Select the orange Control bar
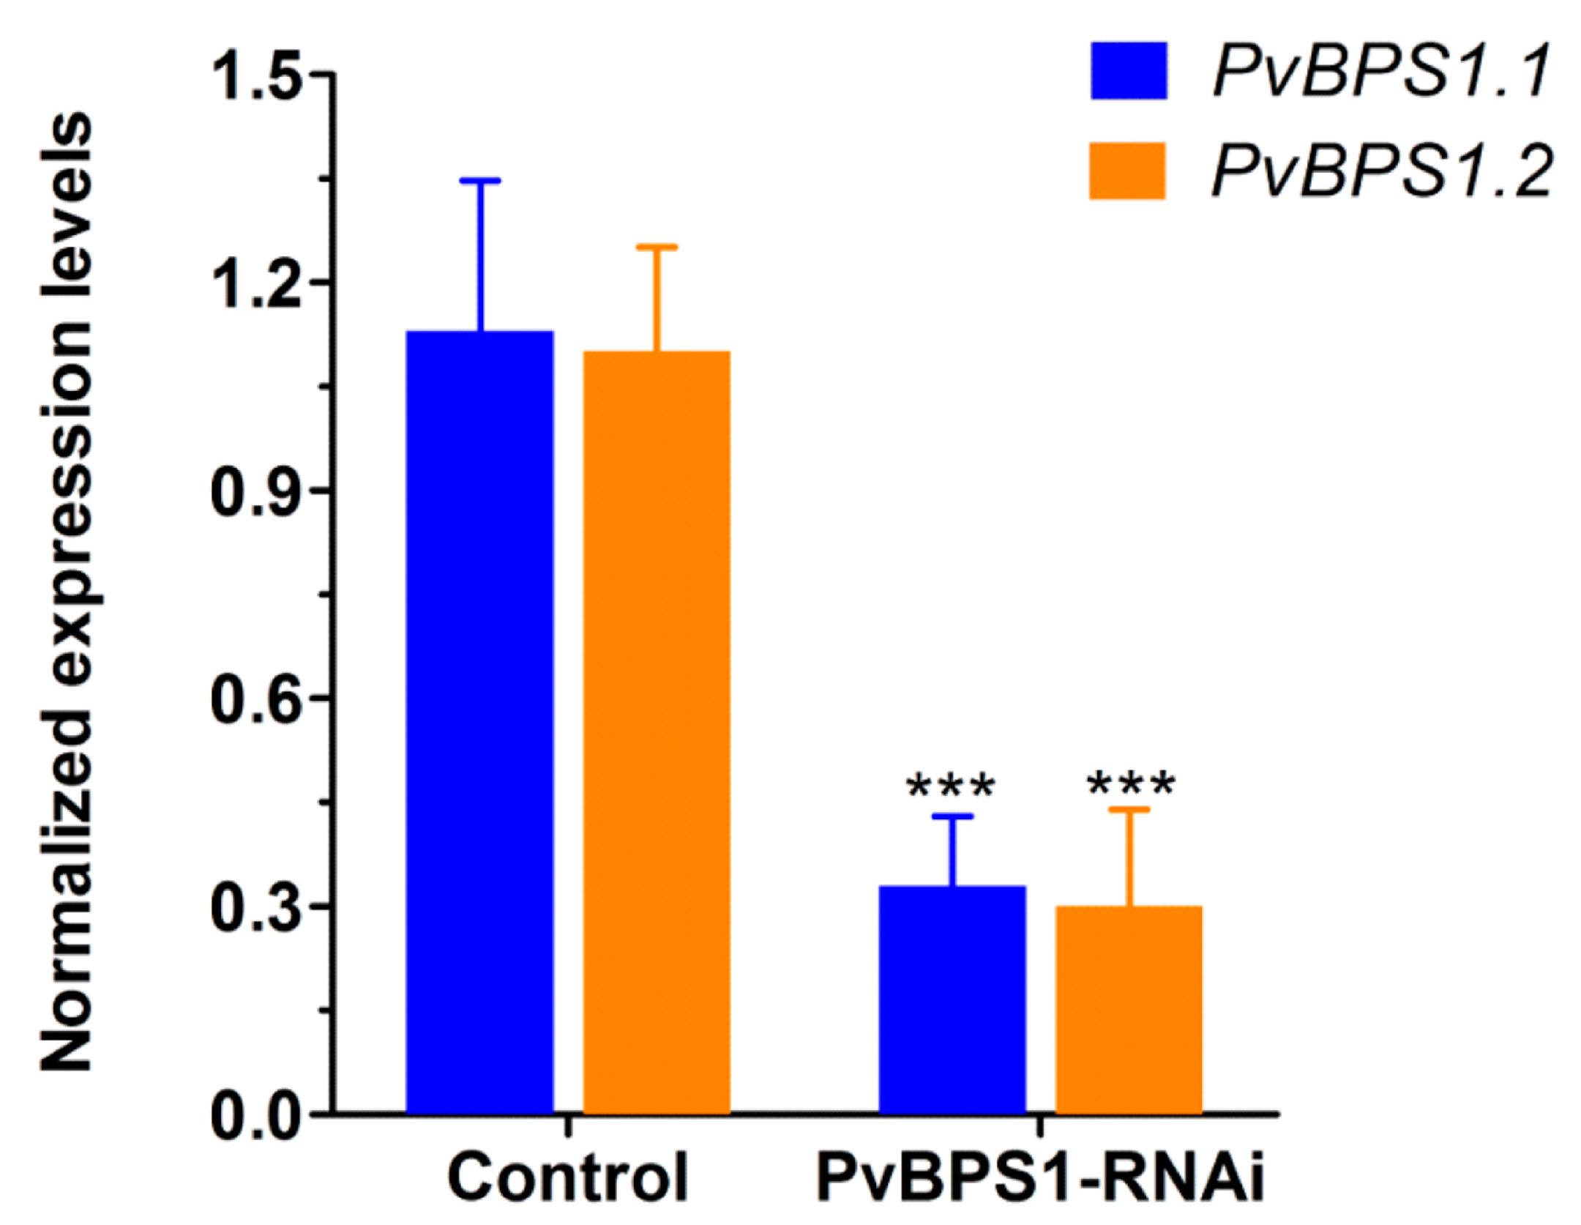tap(657, 732)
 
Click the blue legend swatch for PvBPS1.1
tap(1129, 71)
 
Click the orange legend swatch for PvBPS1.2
tap(1127, 171)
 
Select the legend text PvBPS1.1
tap(1380, 72)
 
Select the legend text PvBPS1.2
tap(1380, 171)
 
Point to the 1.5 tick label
tap(256, 75)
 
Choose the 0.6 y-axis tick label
tap(256, 699)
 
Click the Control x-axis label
tap(567, 1177)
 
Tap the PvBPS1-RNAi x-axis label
tap(1040, 1177)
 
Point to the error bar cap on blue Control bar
tap(479, 180)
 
